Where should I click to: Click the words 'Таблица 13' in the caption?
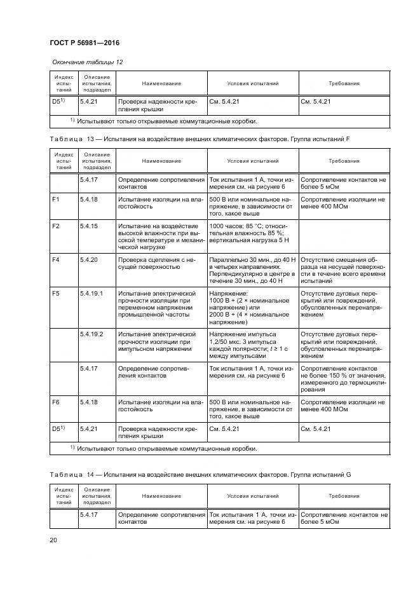(x=71, y=138)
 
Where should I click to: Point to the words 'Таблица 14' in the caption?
(x=71, y=474)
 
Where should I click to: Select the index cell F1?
(x=55, y=200)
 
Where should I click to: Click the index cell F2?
(x=55, y=226)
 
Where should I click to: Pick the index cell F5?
(x=55, y=292)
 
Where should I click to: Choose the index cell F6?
(x=55, y=402)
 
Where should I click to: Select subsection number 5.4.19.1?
(x=91, y=292)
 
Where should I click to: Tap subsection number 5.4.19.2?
(x=91, y=333)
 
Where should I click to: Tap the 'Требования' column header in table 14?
(x=344, y=496)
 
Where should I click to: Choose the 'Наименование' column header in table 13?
(x=161, y=161)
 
